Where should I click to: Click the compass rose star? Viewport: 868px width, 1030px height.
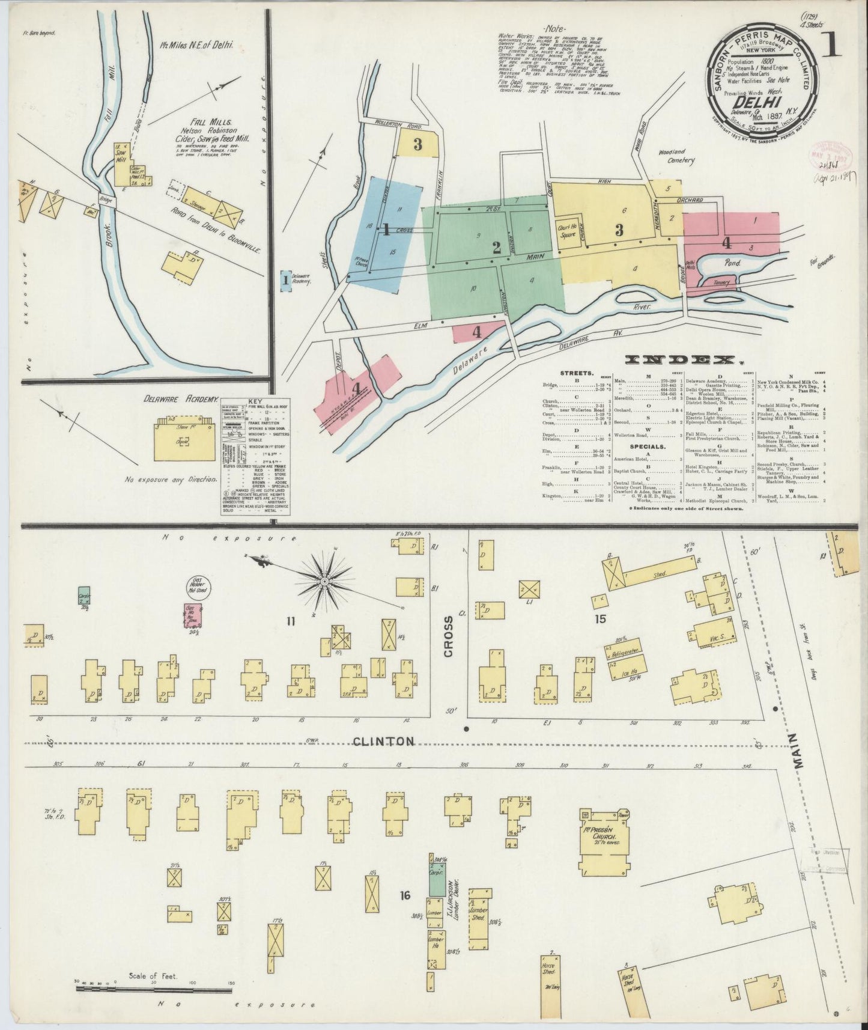(324, 582)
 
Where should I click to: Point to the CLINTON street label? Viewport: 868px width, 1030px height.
(383, 742)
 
